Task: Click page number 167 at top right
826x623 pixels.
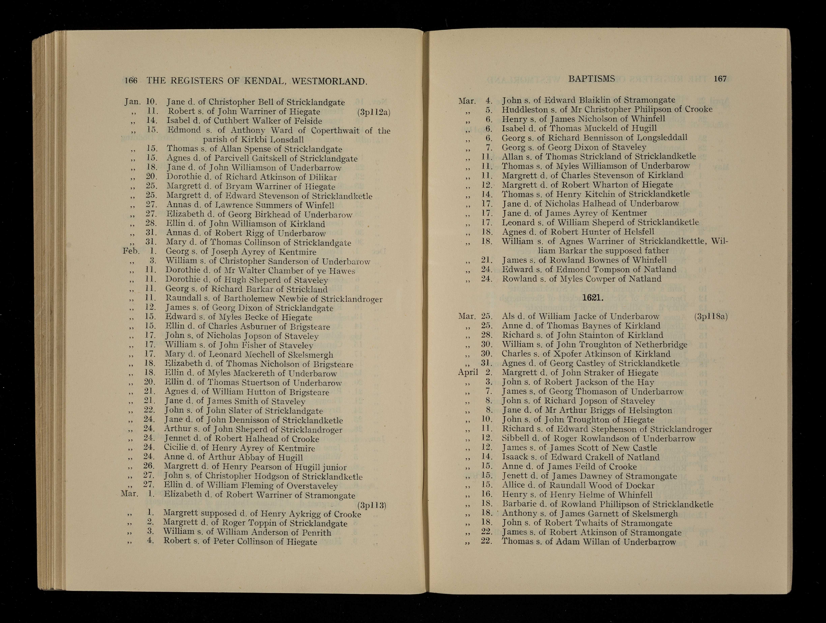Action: click(x=720, y=78)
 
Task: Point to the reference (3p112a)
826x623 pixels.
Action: click(x=373, y=112)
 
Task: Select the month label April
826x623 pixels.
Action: click(x=468, y=372)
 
